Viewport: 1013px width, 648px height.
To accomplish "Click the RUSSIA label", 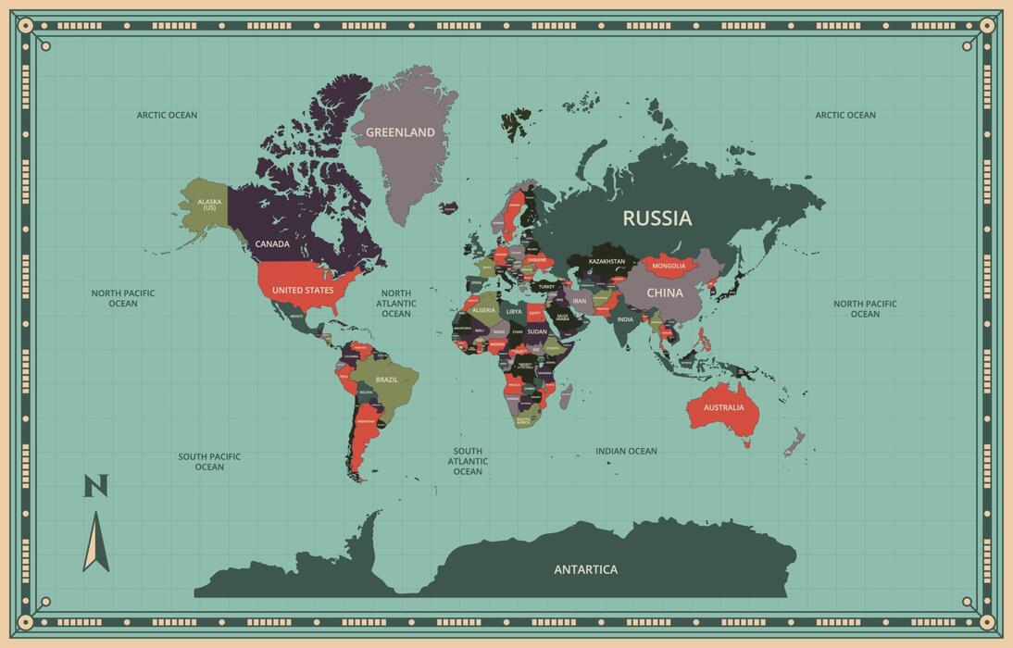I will tap(657, 218).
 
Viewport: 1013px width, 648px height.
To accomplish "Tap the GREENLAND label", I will tap(400, 132).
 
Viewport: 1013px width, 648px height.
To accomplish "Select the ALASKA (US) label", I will tap(209, 205).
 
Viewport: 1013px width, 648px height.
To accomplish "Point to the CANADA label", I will tap(272, 244).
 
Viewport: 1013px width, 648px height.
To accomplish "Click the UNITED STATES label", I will tap(303, 291).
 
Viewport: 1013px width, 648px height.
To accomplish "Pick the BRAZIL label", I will tap(386, 380).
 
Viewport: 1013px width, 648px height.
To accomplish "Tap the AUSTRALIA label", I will tap(723, 407).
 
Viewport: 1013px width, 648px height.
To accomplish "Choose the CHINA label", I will tap(664, 293).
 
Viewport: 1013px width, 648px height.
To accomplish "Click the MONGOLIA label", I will tap(669, 267).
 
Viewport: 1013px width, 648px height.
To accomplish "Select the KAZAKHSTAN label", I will tap(607, 262).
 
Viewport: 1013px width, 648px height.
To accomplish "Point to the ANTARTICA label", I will tap(585, 569).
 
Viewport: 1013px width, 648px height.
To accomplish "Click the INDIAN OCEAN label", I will tap(626, 452).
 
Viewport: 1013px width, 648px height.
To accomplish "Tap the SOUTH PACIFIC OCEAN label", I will tap(209, 461).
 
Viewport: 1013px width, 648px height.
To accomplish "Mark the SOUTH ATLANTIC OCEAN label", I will tap(468, 461).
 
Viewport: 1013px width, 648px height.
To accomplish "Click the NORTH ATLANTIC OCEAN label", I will tap(395, 303).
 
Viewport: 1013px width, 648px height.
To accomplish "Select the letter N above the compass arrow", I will tap(96, 486).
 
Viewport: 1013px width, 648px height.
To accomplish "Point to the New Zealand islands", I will tap(794, 442).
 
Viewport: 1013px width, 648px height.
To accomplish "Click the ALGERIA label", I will tap(483, 310).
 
